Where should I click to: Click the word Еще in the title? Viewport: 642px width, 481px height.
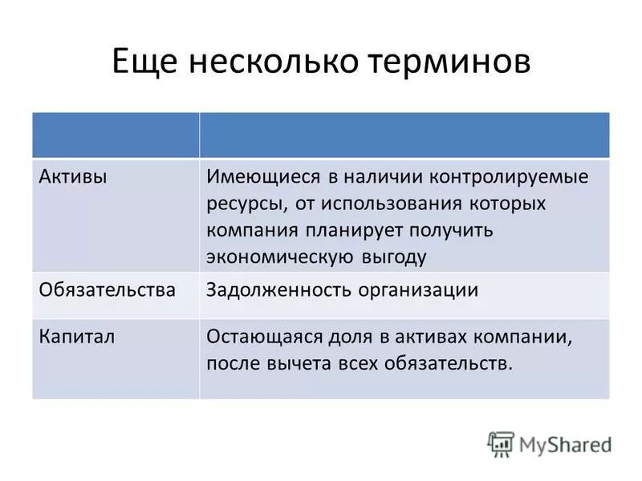(145, 64)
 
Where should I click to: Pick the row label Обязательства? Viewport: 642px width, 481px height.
(107, 289)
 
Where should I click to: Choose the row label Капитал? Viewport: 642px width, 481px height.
(77, 336)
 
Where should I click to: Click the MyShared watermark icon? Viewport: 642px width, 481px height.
(501, 444)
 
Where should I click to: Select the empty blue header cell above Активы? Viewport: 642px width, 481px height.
(116, 135)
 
